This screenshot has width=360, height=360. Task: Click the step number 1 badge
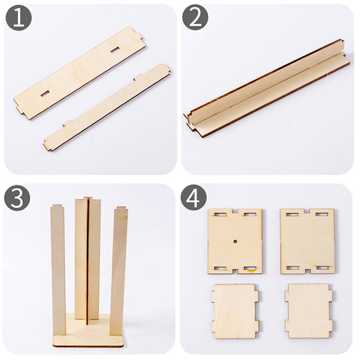click(18, 18)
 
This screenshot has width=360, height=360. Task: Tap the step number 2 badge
click(195, 18)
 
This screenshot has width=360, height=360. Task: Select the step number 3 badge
click(17, 198)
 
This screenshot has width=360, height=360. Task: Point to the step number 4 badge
click(193, 198)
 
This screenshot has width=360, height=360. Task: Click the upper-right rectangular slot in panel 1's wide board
click(115, 49)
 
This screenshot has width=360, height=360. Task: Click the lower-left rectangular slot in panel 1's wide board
click(45, 94)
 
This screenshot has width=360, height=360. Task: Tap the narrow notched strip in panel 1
click(107, 107)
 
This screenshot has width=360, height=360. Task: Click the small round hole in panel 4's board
click(235, 241)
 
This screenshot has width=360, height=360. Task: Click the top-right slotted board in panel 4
click(307, 241)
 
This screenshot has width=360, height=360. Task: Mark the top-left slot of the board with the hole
click(220, 215)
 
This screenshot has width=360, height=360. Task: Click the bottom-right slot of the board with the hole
click(250, 268)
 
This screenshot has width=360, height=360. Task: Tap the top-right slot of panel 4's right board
click(322, 215)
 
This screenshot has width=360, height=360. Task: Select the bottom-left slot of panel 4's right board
click(293, 268)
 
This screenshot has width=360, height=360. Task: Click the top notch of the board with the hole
click(235, 211)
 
